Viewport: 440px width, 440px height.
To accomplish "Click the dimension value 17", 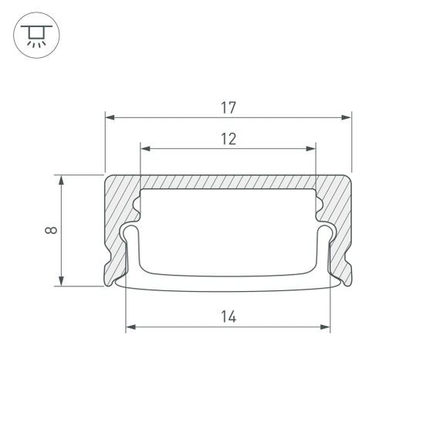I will [228, 107].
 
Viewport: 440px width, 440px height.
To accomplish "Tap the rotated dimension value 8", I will [49, 230].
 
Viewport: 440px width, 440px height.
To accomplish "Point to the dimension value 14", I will [228, 316].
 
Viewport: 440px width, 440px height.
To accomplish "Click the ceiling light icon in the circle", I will [35, 35].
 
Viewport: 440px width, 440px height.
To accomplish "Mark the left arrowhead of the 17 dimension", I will [110, 117].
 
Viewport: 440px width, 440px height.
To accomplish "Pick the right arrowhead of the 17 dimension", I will [347, 117].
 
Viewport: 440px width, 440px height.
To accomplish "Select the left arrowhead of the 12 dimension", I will [145, 148].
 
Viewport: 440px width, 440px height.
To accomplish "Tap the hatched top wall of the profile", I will [228, 181].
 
